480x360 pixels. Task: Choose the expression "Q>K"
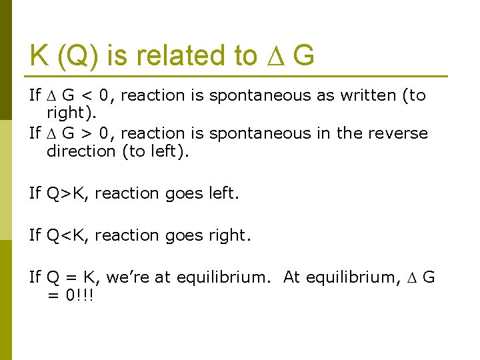(70, 193)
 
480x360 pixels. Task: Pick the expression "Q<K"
(70, 235)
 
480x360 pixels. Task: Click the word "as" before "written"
(325, 95)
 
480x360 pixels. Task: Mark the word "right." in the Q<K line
(226, 235)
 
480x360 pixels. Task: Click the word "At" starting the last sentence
(292, 277)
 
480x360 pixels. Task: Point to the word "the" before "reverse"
(349, 133)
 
